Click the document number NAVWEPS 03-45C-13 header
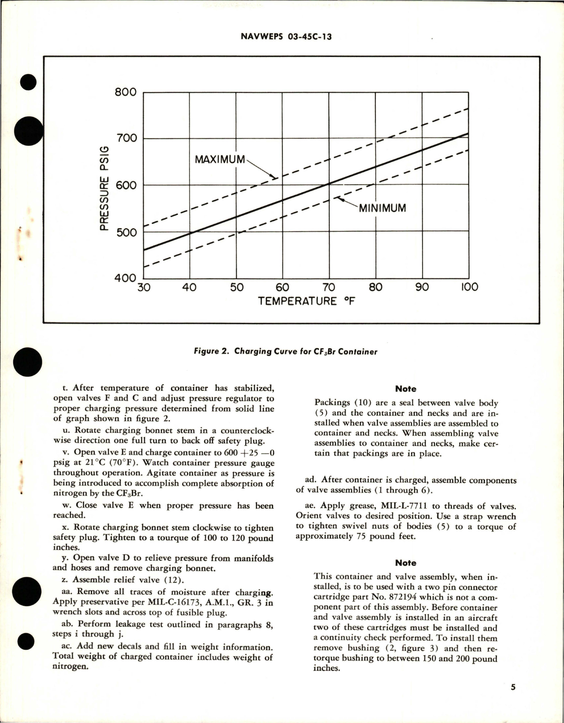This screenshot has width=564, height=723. [x=286, y=37]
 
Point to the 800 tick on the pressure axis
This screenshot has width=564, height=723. [x=126, y=93]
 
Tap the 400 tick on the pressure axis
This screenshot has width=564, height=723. [x=126, y=278]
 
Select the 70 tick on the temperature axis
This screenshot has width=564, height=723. [x=329, y=288]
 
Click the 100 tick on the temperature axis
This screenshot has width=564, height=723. [x=469, y=288]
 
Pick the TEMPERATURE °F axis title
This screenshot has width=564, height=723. [x=307, y=302]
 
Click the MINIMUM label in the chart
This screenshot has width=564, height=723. [x=382, y=208]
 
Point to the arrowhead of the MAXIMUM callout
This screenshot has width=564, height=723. [x=275, y=178]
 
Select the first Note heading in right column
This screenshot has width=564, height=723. [x=405, y=389]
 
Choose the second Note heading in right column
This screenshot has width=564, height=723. [x=405, y=563]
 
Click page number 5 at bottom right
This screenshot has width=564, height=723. [x=513, y=687]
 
